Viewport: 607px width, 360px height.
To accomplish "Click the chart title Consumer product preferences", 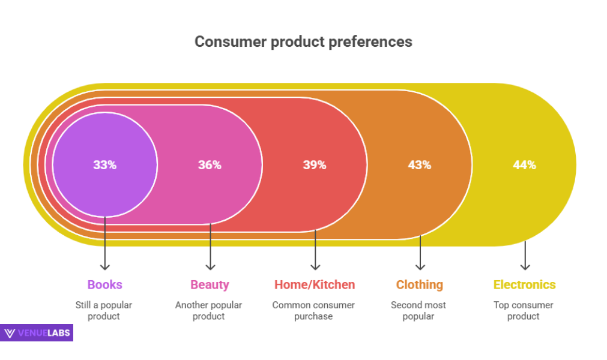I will (x=303, y=41).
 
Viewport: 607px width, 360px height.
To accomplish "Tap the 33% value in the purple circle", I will (x=104, y=164).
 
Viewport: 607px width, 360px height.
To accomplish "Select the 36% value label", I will (x=210, y=164).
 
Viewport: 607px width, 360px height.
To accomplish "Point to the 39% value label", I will (x=314, y=164).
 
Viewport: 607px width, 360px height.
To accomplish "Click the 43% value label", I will (x=420, y=164).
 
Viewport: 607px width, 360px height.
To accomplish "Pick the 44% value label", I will (x=524, y=164).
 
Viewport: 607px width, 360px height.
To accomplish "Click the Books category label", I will (x=104, y=284).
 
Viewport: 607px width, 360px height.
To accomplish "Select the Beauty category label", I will (x=210, y=284).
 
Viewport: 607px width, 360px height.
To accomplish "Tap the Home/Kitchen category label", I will (x=315, y=284).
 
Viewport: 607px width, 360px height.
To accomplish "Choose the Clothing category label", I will (x=419, y=284).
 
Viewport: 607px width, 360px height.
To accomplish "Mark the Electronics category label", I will (x=524, y=284).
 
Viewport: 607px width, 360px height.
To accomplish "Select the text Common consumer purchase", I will (x=313, y=310).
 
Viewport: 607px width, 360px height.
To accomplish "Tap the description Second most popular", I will (x=418, y=310).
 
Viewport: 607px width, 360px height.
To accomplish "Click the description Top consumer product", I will (x=524, y=310).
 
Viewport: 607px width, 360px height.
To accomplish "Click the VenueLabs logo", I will (x=37, y=333).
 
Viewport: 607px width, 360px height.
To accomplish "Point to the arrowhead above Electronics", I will (x=525, y=266).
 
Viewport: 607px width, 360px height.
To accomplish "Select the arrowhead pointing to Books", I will (x=105, y=266).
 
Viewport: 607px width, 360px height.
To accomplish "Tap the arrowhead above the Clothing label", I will (x=420, y=266).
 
